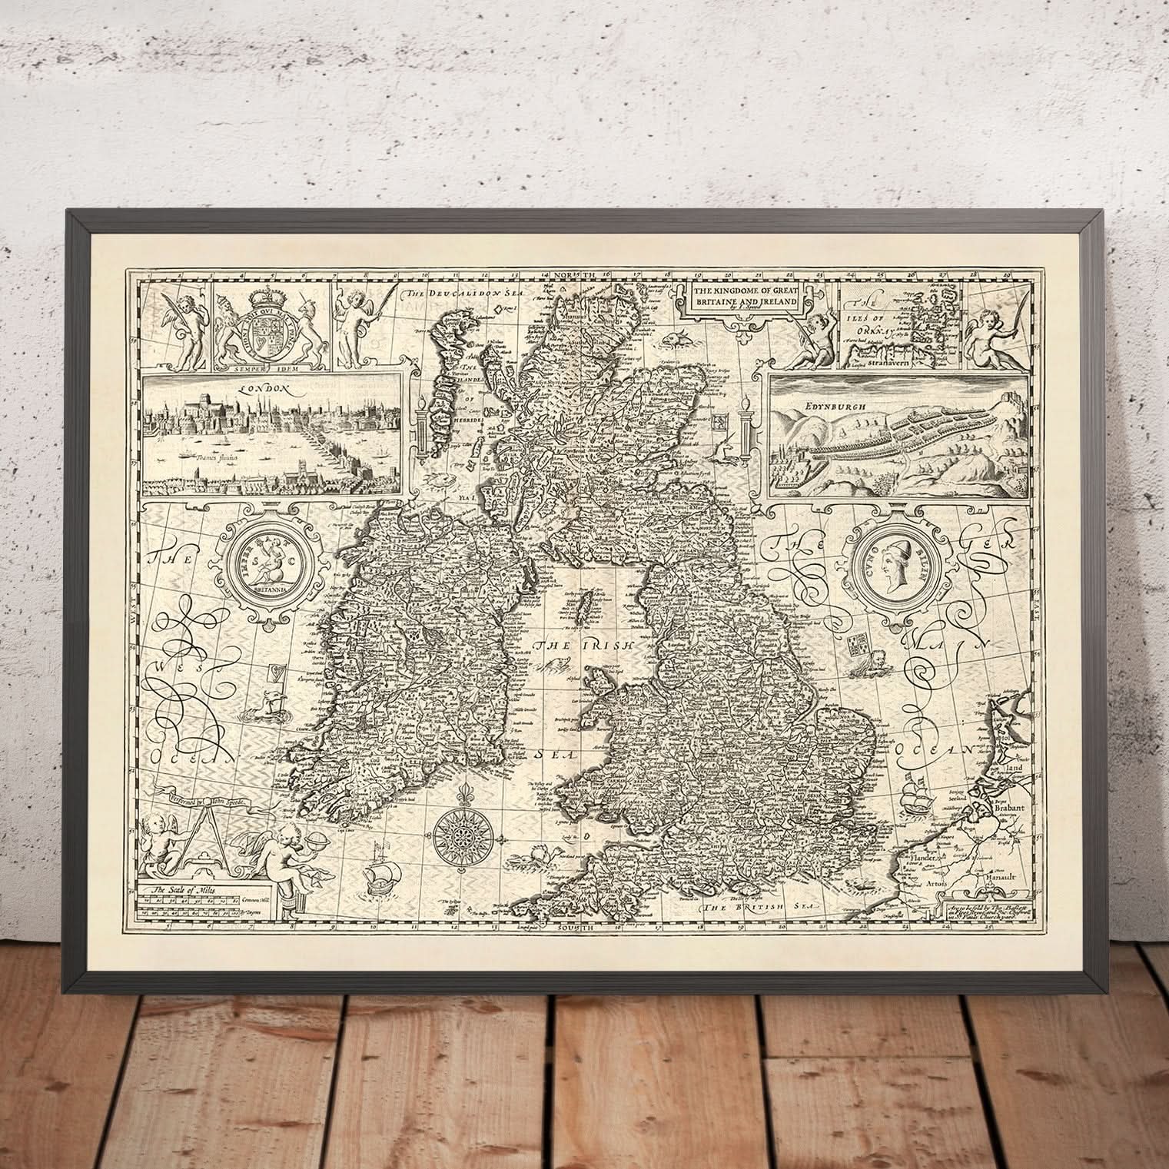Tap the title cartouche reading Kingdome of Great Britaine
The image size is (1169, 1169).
744,297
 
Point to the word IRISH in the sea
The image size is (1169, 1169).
607,646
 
